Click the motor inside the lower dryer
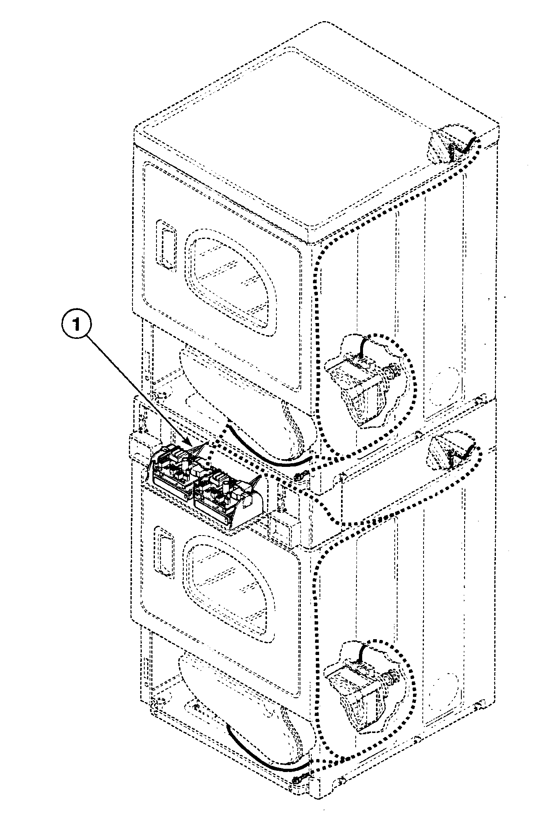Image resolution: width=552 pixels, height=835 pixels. (358, 687)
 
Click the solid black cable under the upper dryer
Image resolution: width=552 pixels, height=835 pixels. (268, 455)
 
